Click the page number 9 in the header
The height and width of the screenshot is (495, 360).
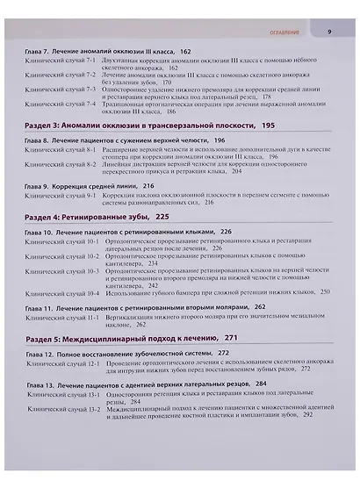pyautogui.click(x=328, y=32)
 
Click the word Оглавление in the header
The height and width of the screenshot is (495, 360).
pyautogui.click(x=281, y=32)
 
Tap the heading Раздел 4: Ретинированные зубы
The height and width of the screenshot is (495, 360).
pyautogui.click(x=97, y=215)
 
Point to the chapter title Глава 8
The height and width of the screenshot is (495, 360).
pyautogui.click(x=124, y=140)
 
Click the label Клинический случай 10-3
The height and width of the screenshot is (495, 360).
pyautogui.click(x=61, y=271)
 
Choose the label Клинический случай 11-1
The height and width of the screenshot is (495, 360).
pyautogui.click(x=61, y=318)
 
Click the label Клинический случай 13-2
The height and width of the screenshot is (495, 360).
pyautogui.click(x=61, y=409)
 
